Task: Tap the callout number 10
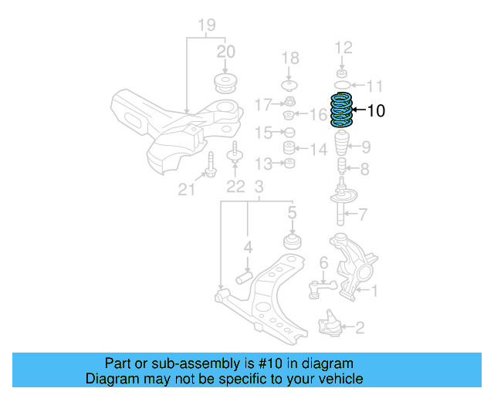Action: [376, 111]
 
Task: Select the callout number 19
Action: [206, 25]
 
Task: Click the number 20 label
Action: [225, 52]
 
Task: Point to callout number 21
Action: [187, 188]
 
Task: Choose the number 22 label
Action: [235, 186]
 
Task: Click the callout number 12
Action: [343, 48]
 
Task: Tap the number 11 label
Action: [374, 85]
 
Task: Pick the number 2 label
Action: [360, 328]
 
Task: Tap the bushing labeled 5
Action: [293, 241]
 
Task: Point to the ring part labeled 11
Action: [341, 83]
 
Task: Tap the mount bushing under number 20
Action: [225, 83]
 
